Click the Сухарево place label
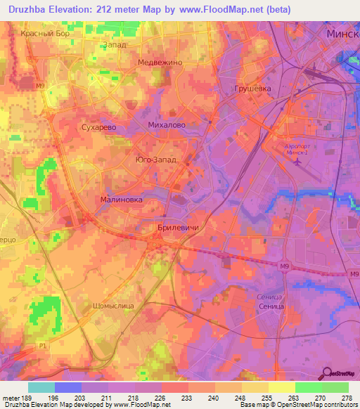tap(98, 129)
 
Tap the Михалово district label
tap(167, 124)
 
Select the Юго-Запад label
tap(156, 160)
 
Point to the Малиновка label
tap(122, 200)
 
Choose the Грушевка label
tap(252, 89)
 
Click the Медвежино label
tap(160, 62)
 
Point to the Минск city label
tap(343, 34)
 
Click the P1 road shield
tap(43, 346)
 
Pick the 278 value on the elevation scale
tap(346, 397)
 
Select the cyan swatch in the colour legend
tap(41, 387)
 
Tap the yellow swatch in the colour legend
tap(281, 387)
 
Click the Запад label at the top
tap(115, 44)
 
